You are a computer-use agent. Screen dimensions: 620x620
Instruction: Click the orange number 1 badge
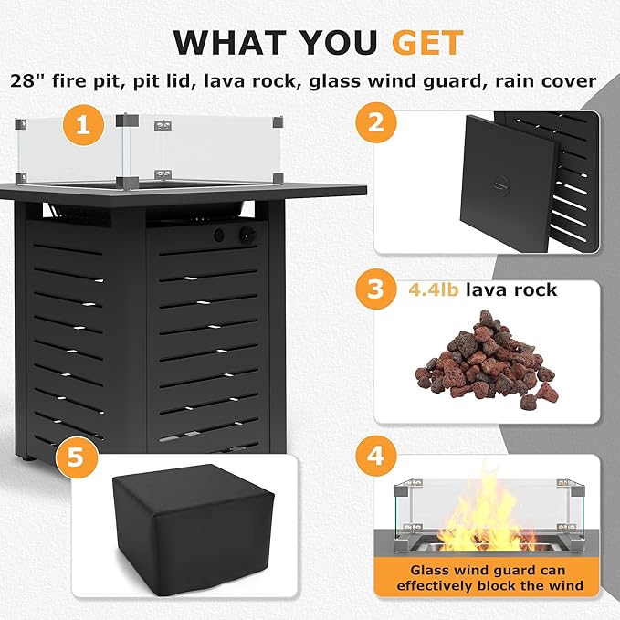click(84, 126)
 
